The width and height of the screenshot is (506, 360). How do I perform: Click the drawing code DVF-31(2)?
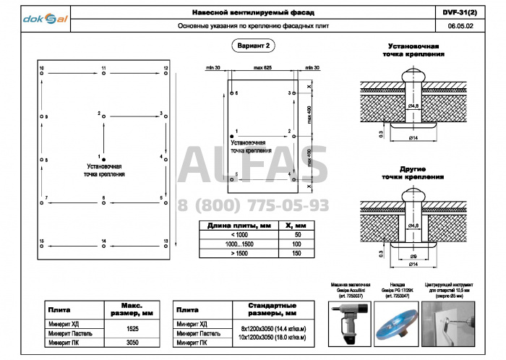(459, 13)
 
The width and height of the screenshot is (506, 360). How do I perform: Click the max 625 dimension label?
(262, 67)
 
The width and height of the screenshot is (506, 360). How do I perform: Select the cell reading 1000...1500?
(238, 244)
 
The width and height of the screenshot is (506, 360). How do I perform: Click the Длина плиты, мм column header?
(238, 226)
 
